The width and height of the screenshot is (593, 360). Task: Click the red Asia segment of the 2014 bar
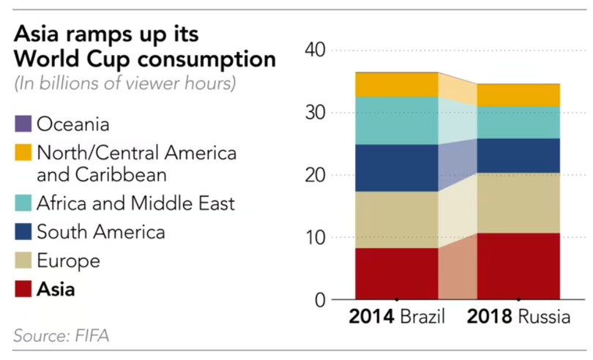(x=396, y=274)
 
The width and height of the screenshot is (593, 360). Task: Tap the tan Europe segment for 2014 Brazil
(x=396, y=220)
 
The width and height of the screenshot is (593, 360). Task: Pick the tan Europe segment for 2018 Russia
(x=518, y=203)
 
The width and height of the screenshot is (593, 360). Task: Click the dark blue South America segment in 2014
(x=396, y=168)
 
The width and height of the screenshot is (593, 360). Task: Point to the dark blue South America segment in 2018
(x=518, y=155)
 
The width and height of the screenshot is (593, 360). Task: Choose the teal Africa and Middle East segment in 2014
(x=396, y=121)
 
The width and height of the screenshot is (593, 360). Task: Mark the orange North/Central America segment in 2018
(x=518, y=95)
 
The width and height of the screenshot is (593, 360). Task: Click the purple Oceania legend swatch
(x=23, y=124)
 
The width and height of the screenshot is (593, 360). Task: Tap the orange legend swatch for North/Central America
(x=23, y=154)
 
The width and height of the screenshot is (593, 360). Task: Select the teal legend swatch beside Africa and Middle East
(x=23, y=203)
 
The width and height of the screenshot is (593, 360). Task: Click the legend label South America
(x=100, y=232)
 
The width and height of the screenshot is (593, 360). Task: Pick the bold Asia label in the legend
(x=56, y=289)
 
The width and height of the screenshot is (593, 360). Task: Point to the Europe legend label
(x=68, y=260)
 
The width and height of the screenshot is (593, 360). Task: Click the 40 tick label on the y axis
(x=316, y=50)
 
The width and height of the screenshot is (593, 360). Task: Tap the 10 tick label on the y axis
(x=316, y=238)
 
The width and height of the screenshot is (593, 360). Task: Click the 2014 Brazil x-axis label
(x=396, y=318)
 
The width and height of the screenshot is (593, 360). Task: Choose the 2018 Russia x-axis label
(x=518, y=318)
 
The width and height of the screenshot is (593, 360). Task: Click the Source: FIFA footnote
(x=61, y=337)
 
